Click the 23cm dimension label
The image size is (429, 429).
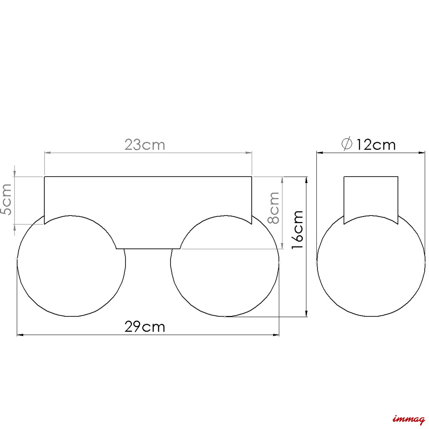(145, 145)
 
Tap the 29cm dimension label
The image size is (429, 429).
(145, 327)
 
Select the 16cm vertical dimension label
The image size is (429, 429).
(297, 230)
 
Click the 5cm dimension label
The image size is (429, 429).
(6, 199)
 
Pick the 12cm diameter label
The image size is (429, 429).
(376, 145)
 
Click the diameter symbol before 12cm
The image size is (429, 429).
(347, 144)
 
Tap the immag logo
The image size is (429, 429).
(409, 419)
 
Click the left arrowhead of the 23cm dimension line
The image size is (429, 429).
(47, 153)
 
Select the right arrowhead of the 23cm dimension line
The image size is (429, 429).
(249, 153)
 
